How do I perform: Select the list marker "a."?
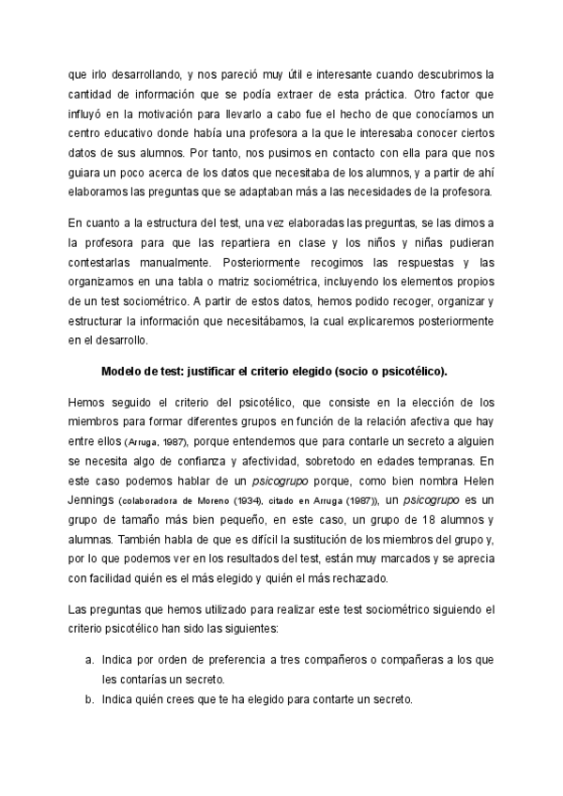point(90,661)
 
